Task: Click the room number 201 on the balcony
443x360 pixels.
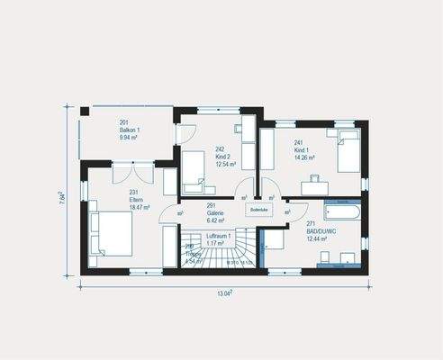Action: coord(124,123)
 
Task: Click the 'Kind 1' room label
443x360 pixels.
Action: coord(302,149)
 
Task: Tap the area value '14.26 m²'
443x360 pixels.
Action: coord(305,157)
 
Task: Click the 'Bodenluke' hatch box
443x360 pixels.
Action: coord(258,210)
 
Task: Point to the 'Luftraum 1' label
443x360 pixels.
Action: coord(219,236)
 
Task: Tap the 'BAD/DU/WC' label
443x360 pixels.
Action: coord(321,229)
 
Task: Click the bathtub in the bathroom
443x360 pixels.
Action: coord(341,213)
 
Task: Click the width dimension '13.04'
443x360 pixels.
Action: coord(224,292)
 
